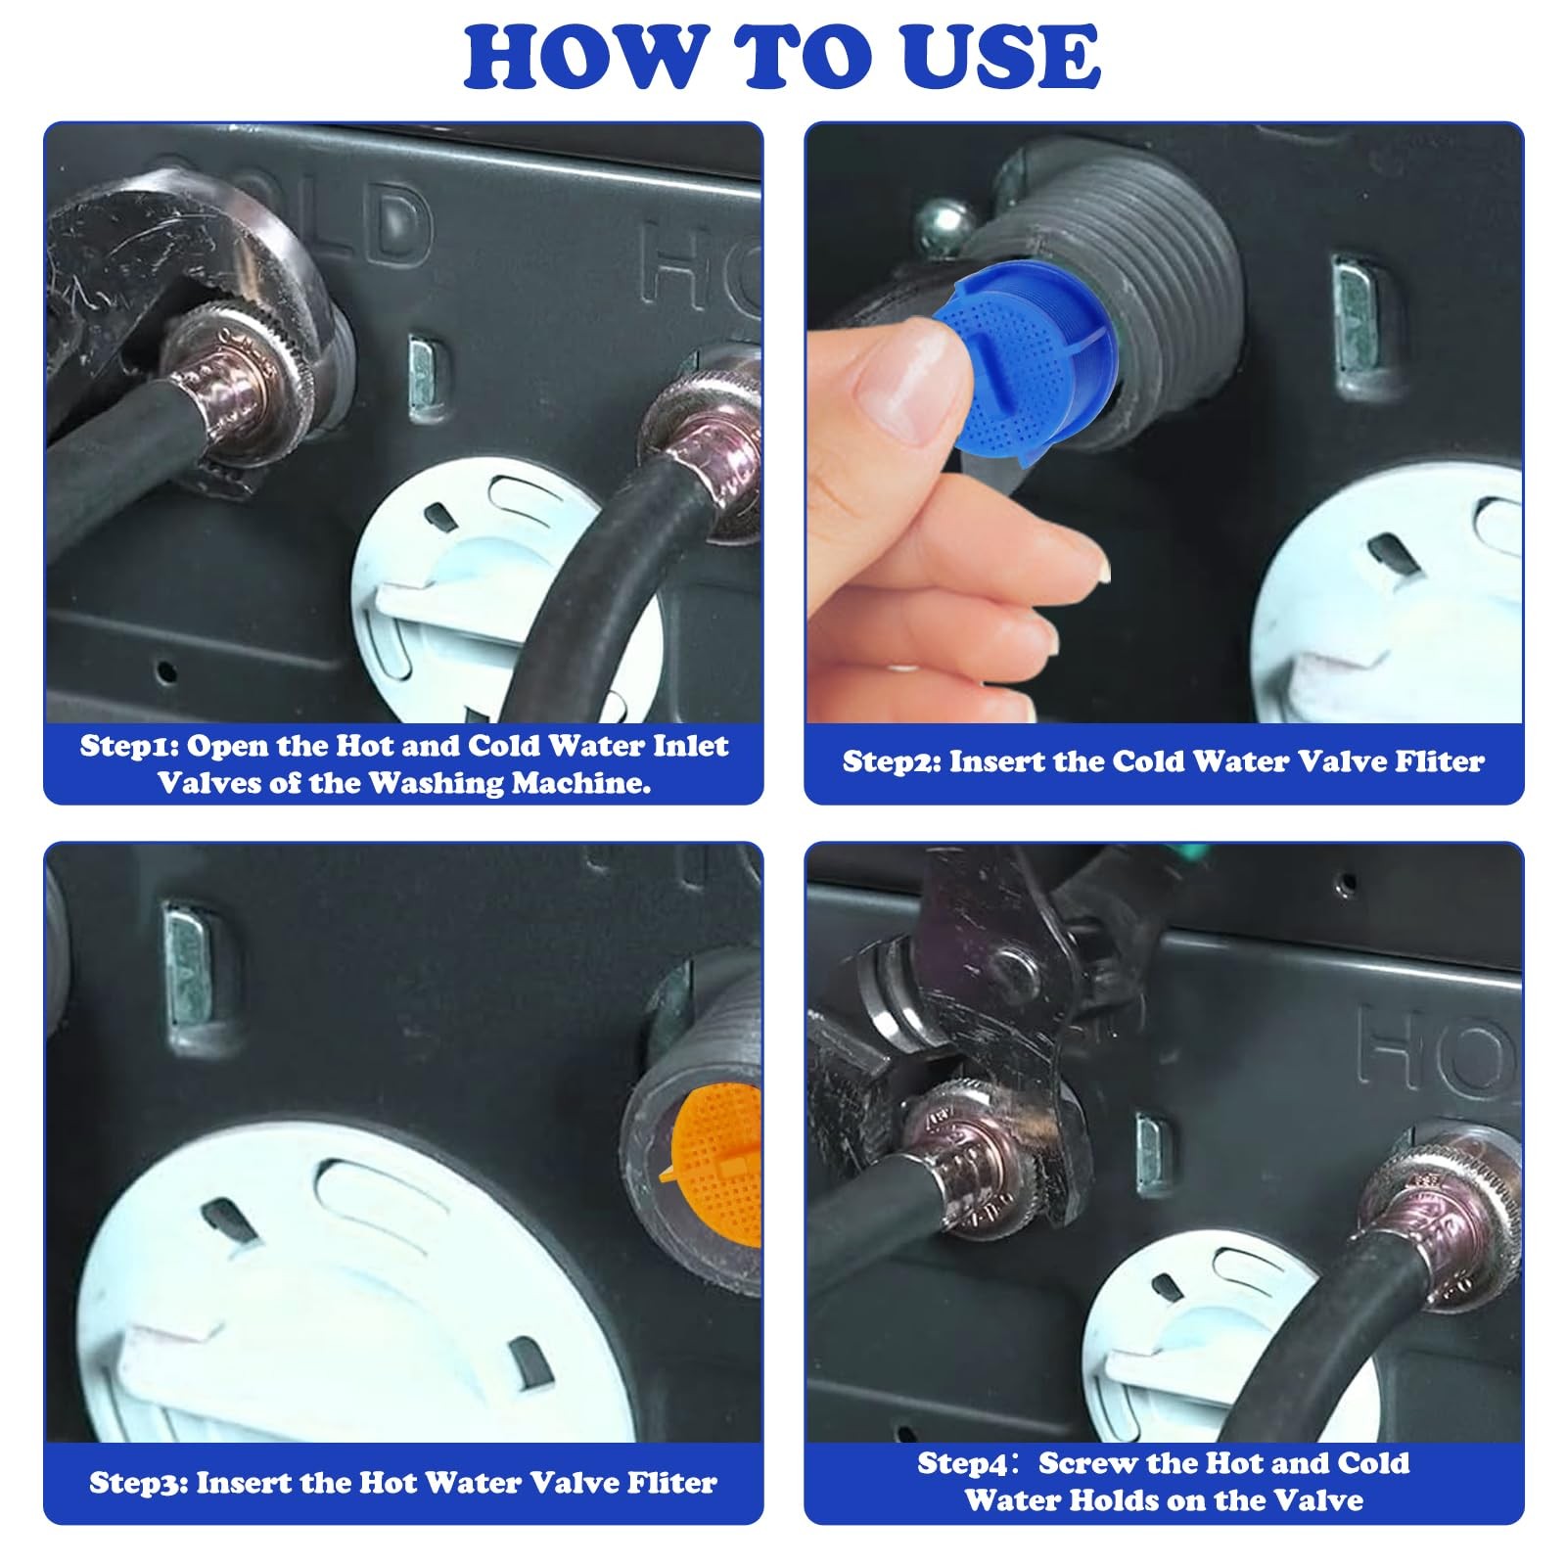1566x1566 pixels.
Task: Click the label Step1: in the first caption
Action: pyautogui.click(x=128, y=746)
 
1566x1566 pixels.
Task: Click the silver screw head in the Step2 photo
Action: pyautogui.click(x=942, y=223)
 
